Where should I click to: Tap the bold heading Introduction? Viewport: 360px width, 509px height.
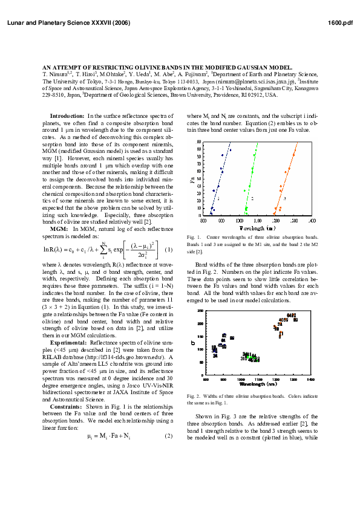(67, 115)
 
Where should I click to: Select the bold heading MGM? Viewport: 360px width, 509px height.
(59, 229)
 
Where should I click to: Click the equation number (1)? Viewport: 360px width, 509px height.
(169, 250)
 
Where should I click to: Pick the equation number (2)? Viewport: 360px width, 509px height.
(169, 436)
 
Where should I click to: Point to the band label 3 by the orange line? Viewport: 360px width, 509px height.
(285, 198)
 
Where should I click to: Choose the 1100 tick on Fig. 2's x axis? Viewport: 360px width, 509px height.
(258, 380)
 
